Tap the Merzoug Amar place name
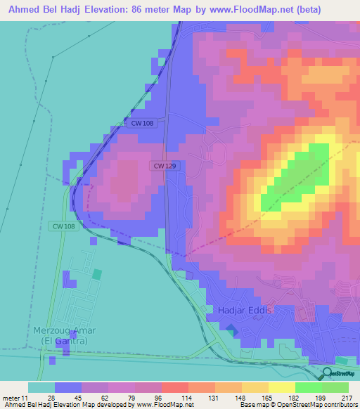point(64,330)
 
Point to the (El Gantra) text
point(63,341)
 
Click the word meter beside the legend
point(10,398)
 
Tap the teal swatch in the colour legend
point(41,387)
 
